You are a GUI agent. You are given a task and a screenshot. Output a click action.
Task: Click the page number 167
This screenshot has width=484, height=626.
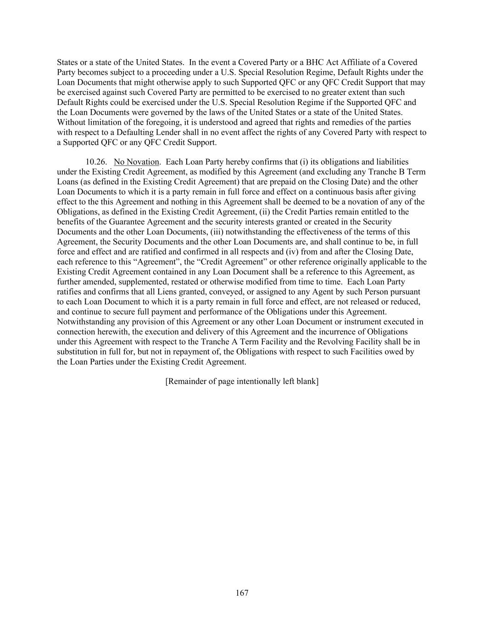242,593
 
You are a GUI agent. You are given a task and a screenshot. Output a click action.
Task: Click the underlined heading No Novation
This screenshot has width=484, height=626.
136,162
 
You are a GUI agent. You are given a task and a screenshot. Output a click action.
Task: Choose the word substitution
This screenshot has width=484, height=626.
78,352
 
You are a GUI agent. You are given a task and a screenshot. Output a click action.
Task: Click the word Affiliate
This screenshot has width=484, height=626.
350,62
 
